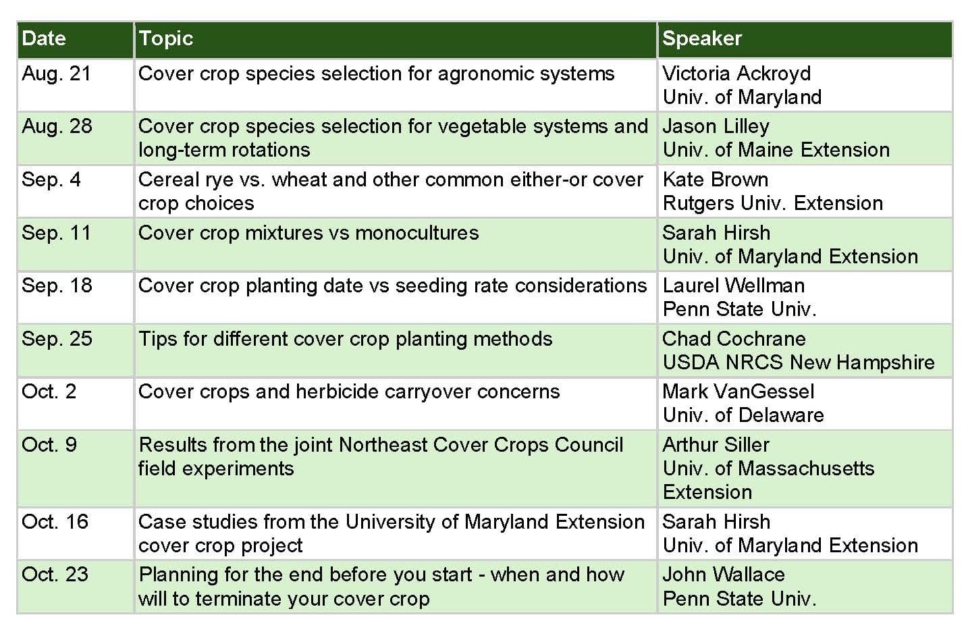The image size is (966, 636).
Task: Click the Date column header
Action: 44,38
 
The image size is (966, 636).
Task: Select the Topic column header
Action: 166,39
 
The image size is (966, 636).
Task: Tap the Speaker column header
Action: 702,39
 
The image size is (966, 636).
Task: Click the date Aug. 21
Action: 56,74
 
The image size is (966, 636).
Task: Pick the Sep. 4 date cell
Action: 51,180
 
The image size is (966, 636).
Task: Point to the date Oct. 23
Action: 55,575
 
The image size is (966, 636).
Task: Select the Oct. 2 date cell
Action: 49,392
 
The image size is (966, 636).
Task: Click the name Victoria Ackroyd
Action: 736,74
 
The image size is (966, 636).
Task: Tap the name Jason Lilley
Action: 716,127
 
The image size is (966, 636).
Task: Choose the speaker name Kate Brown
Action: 716,180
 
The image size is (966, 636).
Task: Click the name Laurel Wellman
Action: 734,286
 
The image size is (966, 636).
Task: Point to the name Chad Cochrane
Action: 734,339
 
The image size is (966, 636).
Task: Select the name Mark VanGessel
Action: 739,392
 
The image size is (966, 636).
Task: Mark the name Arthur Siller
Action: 716,444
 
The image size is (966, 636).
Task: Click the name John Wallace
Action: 724,575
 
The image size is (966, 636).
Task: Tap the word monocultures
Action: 417,233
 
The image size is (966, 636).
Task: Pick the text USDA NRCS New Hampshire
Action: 799,363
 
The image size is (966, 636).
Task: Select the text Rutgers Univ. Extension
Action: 773,203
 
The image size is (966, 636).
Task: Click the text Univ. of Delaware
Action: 743,415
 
